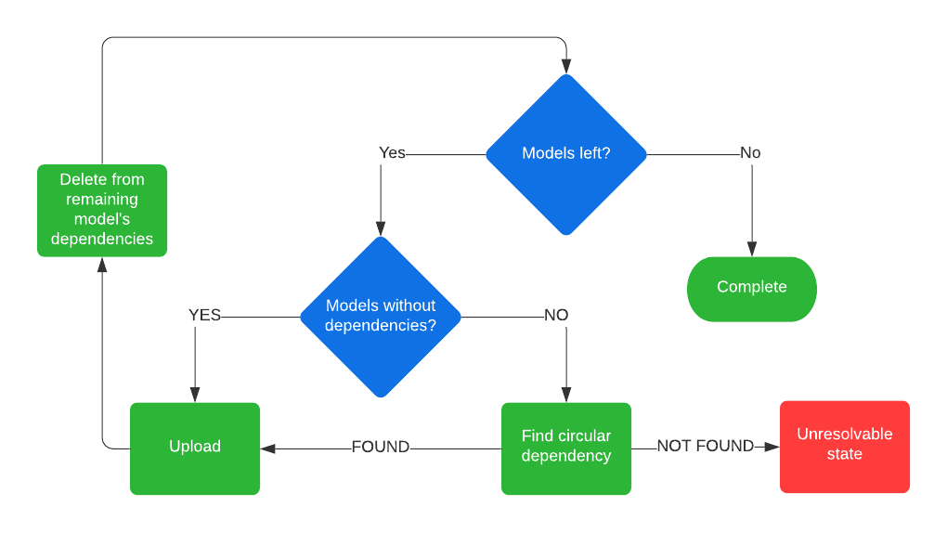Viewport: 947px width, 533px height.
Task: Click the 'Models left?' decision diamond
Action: pos(566,153)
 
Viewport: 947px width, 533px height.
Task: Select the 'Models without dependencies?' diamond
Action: pos(381,316)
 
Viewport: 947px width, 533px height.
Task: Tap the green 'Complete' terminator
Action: pos(752,288)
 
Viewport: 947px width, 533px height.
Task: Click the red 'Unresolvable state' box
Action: pos(845,446)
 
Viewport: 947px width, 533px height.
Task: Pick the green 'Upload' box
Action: pos(195,448)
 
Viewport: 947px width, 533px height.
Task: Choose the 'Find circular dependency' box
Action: pos(566,448)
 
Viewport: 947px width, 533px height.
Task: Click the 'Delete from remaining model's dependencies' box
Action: pos(102,210)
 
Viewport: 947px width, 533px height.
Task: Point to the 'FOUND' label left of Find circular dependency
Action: pos(381,448)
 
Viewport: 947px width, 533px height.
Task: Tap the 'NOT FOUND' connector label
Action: pos(706,447)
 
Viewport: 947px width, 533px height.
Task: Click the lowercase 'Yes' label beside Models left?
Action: pos(392,153)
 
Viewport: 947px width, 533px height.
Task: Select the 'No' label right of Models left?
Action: pos(750,153)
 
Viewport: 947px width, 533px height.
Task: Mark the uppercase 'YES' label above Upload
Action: pos(204,316)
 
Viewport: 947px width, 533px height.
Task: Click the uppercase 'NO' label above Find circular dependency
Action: pos(556,316)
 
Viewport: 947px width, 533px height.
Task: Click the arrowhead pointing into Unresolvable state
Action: pos(772,448)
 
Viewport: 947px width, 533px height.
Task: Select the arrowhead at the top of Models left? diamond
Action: pos(566,66)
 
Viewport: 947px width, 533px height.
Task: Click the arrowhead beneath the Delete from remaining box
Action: pos(102,266)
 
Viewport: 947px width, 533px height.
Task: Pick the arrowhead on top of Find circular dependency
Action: pos(566,395)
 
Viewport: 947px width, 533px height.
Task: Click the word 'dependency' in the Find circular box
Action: pos(566,456)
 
